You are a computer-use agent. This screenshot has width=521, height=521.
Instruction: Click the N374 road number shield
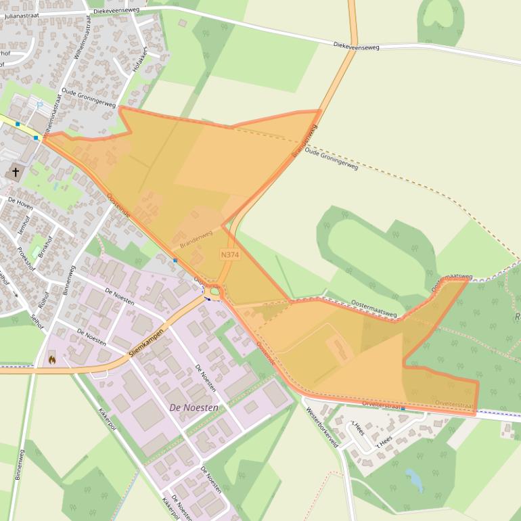(x=230, y=254)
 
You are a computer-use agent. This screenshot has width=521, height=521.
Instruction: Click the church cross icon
(x=16, y=173)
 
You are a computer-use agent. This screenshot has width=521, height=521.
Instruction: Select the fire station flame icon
(x=51, y=359)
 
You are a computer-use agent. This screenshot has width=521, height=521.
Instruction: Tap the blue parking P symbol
(x=39, y=105)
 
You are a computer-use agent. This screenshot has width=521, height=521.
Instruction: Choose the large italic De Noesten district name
(x=194, y=407)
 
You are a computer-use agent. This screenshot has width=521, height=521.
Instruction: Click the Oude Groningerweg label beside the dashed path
(x=332, y=158)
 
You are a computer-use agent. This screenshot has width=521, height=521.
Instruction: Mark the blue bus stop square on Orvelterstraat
(x=403, y=409)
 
